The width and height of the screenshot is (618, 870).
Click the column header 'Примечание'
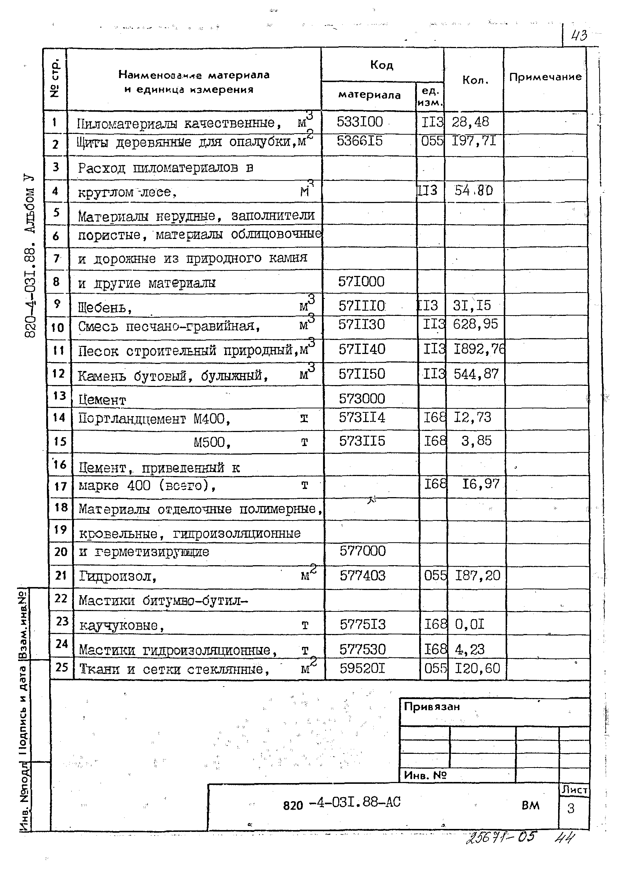pyautogui.click(x=545, y=77)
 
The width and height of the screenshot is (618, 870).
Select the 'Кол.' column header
pyautogui.click(x=475, y=80)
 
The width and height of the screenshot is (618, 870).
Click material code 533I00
pyautogui.click(x=360, y=122)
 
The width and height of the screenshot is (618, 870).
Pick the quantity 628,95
pyautogui.click(x=475, y=324)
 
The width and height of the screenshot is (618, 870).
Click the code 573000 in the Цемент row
pyautogui.click(x=362, y=399)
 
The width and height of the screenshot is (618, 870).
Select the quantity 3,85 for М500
pyautogui.click(x=476, y=441)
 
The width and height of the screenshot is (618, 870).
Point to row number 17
pyautogui.click(x=60, y=486)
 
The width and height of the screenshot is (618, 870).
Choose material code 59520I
pyautogui.click(x=362, y=668)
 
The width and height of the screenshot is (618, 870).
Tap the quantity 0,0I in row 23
pyautogui.click(x=470, y=624)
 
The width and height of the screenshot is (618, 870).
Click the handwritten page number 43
pyautogui.click(x=579, y=36)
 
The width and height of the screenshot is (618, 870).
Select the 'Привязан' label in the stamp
pyautogui.click(x=432, y=707)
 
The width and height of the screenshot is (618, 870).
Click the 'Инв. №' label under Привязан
pyautogui.click(x=425, y=775)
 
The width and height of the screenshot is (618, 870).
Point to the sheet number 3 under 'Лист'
pyautogui.click(x=570, y=808)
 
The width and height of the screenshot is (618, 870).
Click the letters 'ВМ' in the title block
pyautogui.click(x=530, y=805)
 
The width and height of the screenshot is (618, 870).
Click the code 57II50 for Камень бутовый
pyautogui.click(x=362, y=374)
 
